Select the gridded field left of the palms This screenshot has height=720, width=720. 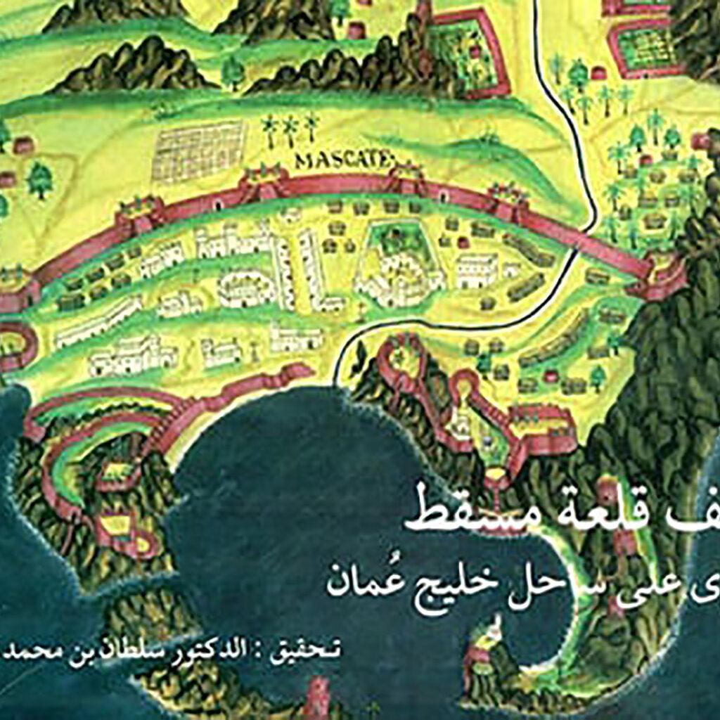pos(200,150)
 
